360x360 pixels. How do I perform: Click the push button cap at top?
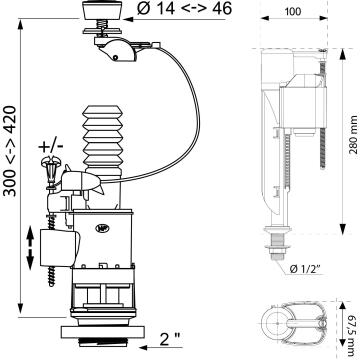(102, 10)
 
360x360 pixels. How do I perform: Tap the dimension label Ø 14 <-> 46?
(184, 9)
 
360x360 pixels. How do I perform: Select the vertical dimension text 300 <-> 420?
(10, 151)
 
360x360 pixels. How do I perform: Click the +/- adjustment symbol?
(51, 146)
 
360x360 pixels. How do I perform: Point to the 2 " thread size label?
(170, 339)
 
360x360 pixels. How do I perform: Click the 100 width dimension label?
(293, 12)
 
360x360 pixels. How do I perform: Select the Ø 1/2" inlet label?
(305, 269)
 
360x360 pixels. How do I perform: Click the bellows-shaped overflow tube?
(102, 140)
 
